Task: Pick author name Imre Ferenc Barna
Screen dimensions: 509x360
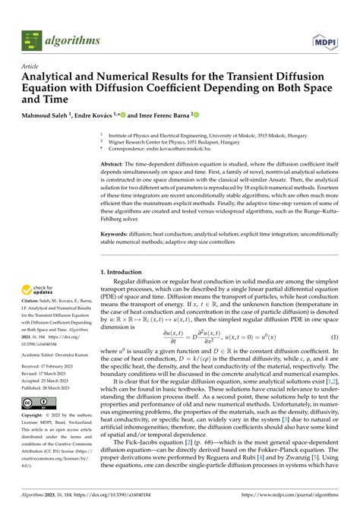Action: click(x=163, y=115)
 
